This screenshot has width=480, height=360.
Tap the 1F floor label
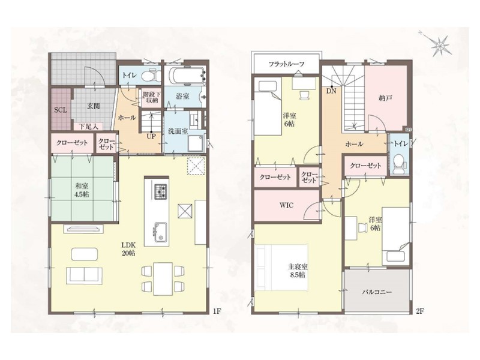tap(217, 311)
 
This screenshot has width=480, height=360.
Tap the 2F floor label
tap(420, 311)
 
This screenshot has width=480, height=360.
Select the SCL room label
tap(61, 110)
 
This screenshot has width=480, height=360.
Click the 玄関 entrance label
tap(94, 106)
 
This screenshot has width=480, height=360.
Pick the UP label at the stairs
tap(151, 137)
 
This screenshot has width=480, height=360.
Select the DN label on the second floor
tap(331, 91)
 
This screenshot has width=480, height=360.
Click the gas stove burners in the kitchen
tap(160, 191)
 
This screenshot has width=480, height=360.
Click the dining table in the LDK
tap(163, 278)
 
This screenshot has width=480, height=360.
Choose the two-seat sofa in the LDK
tap(84, 275)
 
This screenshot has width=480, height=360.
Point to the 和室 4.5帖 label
tap(82, 190)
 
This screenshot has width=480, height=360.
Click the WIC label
tap(286, 205)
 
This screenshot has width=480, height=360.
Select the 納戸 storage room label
tap(385, 98)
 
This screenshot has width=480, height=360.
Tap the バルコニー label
tap(377, 292)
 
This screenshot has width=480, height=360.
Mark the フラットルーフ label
tap(287, 64)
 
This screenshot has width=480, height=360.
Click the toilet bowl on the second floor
tap(398, 164)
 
